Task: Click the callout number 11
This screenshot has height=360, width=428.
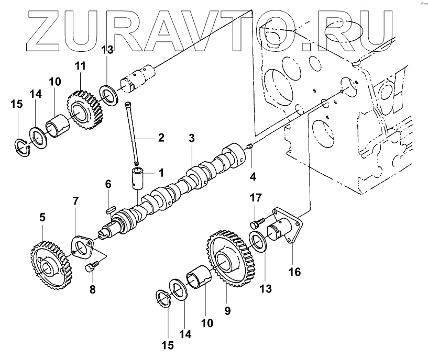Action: (x=80, y=66)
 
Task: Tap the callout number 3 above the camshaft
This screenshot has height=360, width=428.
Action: (x=192, y=139)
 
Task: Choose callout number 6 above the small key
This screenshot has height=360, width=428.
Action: (x=108, y=184)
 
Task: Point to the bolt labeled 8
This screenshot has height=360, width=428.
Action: (x=90, y=267)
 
